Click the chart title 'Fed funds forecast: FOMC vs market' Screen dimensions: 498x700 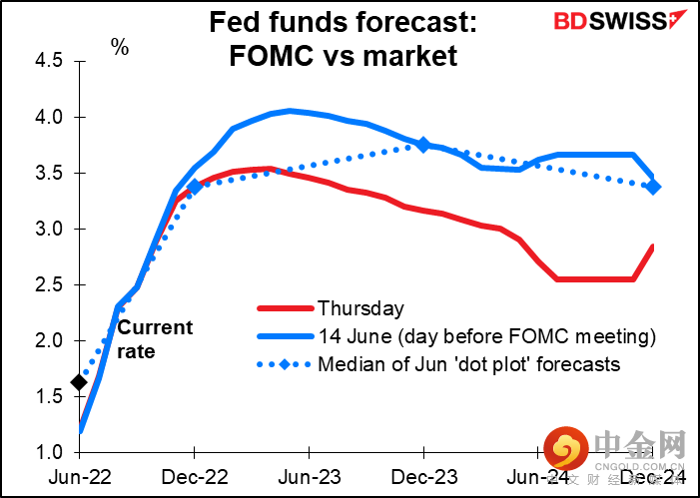344,39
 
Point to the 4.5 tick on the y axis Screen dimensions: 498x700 48,62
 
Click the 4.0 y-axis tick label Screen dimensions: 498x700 48,118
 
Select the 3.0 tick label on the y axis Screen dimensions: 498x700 48,230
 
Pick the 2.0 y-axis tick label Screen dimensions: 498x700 48,341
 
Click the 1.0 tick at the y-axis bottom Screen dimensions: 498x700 48,453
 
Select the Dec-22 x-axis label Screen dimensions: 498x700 194,478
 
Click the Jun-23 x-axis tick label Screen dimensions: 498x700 309,478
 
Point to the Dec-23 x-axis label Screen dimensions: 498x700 423,478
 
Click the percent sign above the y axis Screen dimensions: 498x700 120,47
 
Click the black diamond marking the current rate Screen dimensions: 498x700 79,382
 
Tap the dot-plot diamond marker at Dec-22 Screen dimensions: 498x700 194,186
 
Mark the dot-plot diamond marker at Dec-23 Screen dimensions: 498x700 423,145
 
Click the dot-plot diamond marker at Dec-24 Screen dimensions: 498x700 653,187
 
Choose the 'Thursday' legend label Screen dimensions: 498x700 360,309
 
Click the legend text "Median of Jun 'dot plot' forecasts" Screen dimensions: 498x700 468,364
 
